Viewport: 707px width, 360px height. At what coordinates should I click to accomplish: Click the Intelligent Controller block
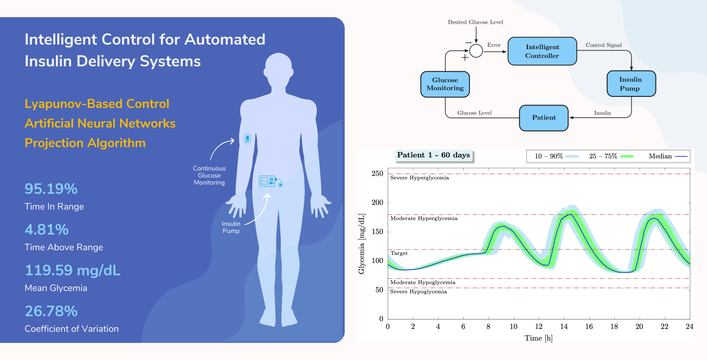pyautogui.click(x=542, y=51)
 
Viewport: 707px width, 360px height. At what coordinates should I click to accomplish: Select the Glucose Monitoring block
pyautogui.click(x=445, y=84)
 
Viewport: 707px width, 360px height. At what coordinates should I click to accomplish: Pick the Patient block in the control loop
pyautogui.click(x=544, y=118)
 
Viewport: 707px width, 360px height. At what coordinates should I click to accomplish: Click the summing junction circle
pyautogui.click(x=476, y=51)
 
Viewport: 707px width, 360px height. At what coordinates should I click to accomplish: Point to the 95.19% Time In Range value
pyautogui.click(x=51, y=189)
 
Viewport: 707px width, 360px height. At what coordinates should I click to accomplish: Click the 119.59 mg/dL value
pyautogui.click(x=72, y=270)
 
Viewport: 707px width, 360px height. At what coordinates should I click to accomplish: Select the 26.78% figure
pyautogui.click(x=51, y=311)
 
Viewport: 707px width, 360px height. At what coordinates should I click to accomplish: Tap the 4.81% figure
pyautogui.click(x=47, y=230)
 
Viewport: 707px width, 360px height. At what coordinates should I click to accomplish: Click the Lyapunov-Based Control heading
pyautogui.click(x=97, y=104)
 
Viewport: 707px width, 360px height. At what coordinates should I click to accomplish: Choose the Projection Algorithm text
pyautogui.click(x=85, y=143)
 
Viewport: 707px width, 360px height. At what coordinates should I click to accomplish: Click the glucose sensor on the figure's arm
pyautogui.click(x=247, y=139)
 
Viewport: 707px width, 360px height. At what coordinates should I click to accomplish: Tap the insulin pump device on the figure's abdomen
pyautogui.click(x=268, y=181)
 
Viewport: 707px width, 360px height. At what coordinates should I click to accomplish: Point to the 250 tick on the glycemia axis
pyautogui.click(x=377, y=174)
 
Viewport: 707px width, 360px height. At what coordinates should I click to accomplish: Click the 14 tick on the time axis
pyautogui.click(x=564, y=327)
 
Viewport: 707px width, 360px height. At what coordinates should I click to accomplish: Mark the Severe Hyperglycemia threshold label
pyautogui.click(x=419, y=178)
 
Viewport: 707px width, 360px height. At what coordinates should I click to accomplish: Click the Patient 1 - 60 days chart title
pyautogui.click(x=433, y=155)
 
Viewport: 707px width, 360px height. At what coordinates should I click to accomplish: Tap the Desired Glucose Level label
pyautogui.click(x=475, y=22)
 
